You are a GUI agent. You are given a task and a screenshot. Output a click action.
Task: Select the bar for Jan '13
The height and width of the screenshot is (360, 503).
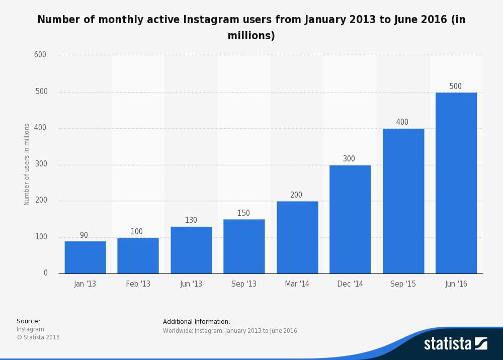[85, 257]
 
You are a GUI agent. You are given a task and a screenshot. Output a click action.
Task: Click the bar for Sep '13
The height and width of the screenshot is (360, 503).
[244, 246]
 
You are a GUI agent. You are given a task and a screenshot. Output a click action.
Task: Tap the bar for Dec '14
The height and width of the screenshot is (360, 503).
[350, 219]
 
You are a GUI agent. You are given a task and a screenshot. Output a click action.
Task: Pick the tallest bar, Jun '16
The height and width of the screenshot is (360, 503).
[456, 183]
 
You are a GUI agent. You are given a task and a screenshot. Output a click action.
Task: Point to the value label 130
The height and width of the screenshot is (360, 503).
[191, 220]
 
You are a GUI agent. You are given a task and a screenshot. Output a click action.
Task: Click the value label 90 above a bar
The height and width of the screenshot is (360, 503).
[84, 235]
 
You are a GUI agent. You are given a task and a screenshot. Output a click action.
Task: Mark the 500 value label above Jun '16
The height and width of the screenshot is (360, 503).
[455, 86]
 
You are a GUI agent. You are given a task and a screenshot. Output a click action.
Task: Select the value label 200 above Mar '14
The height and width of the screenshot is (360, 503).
[296, 195]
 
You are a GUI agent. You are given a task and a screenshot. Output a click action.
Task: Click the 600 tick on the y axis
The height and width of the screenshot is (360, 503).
[40, 55]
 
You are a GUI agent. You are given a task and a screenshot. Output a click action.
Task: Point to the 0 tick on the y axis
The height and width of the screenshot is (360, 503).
[45, 273]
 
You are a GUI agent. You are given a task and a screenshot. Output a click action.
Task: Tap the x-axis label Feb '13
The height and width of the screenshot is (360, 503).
[138, 284]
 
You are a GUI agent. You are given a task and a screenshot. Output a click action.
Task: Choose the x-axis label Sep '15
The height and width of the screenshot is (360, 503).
[403, 284]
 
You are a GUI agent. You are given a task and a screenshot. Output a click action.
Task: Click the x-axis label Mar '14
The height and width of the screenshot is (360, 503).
[297, 284]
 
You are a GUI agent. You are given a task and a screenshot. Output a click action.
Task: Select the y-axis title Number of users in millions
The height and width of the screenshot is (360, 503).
[27, 164]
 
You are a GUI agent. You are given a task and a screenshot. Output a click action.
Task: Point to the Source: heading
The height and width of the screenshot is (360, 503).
[28, 321]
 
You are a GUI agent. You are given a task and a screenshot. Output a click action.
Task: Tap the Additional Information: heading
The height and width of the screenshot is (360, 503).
[197, 321]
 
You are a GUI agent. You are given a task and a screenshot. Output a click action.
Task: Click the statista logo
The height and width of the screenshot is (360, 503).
[455, 344]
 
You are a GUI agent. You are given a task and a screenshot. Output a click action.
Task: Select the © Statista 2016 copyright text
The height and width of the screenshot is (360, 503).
[38, 337]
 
